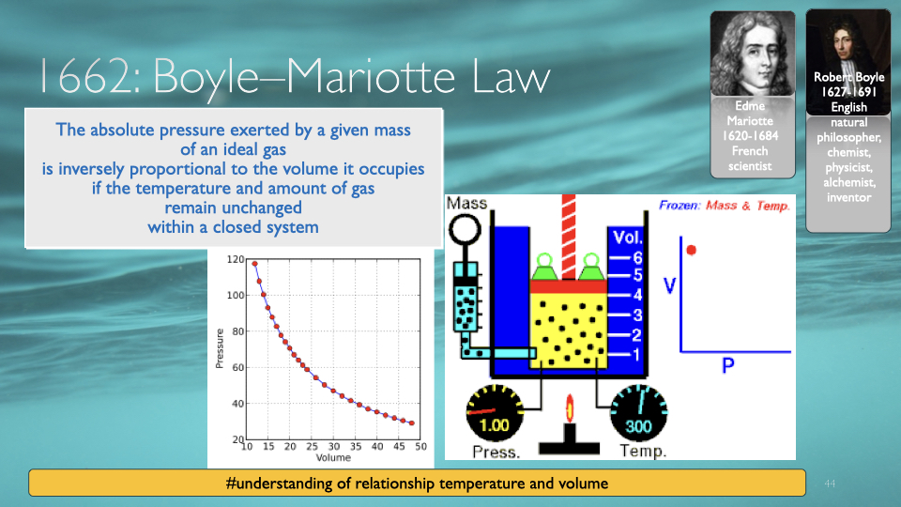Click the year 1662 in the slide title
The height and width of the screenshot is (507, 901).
point(85,76)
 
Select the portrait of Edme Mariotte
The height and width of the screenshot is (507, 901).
point(752,54)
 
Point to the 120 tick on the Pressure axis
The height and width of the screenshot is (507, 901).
point(236,259)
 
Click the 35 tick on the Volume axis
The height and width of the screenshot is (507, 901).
point(356,446)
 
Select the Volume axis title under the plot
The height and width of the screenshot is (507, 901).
point(333,457)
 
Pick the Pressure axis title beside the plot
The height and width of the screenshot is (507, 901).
point(219,348)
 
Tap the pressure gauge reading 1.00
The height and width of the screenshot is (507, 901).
point(495,412)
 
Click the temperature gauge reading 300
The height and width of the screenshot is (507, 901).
point(638,413)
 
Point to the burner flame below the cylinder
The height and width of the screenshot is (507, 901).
point(570,408)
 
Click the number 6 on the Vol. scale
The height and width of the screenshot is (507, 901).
point(637,258)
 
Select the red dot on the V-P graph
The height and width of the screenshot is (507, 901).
point(692,250)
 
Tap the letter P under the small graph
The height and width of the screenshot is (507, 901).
point(728,365)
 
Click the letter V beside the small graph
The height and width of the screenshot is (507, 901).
point(669,285)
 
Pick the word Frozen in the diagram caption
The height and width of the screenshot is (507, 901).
point(680,206)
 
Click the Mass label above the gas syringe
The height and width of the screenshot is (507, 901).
point(466,203)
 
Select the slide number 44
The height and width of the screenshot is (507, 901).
point(829,484)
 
